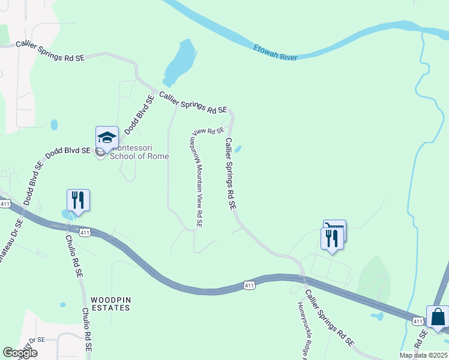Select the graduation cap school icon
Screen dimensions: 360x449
pyautogui.click(x=107, y=138)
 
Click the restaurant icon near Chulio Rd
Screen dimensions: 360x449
pyautogui.click(x=78, y=200)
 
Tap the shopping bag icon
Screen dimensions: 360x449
pyautogui.click(x=438, y=316)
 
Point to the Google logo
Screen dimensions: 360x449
pyautogui.click(x=20, y=353)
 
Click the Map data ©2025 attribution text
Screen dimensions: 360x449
pyautogui.click(x=423, y=355)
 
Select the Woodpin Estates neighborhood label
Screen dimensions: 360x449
pyautogui.click(x=110, y=303)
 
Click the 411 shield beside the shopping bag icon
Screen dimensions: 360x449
pyautogui.click(x=417, y=322)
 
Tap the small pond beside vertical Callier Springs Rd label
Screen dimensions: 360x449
pyautogui.click(x=238, y=149)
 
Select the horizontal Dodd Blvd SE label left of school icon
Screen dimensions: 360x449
pyautogui.click(x=67, y=152)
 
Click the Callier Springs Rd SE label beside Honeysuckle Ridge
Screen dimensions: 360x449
pyautogui.click(x=329, y=319)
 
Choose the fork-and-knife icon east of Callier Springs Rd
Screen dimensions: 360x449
pyautogui.click(x=332, y=238)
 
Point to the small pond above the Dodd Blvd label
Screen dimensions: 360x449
pyautogui.click(x=54, y=125)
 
